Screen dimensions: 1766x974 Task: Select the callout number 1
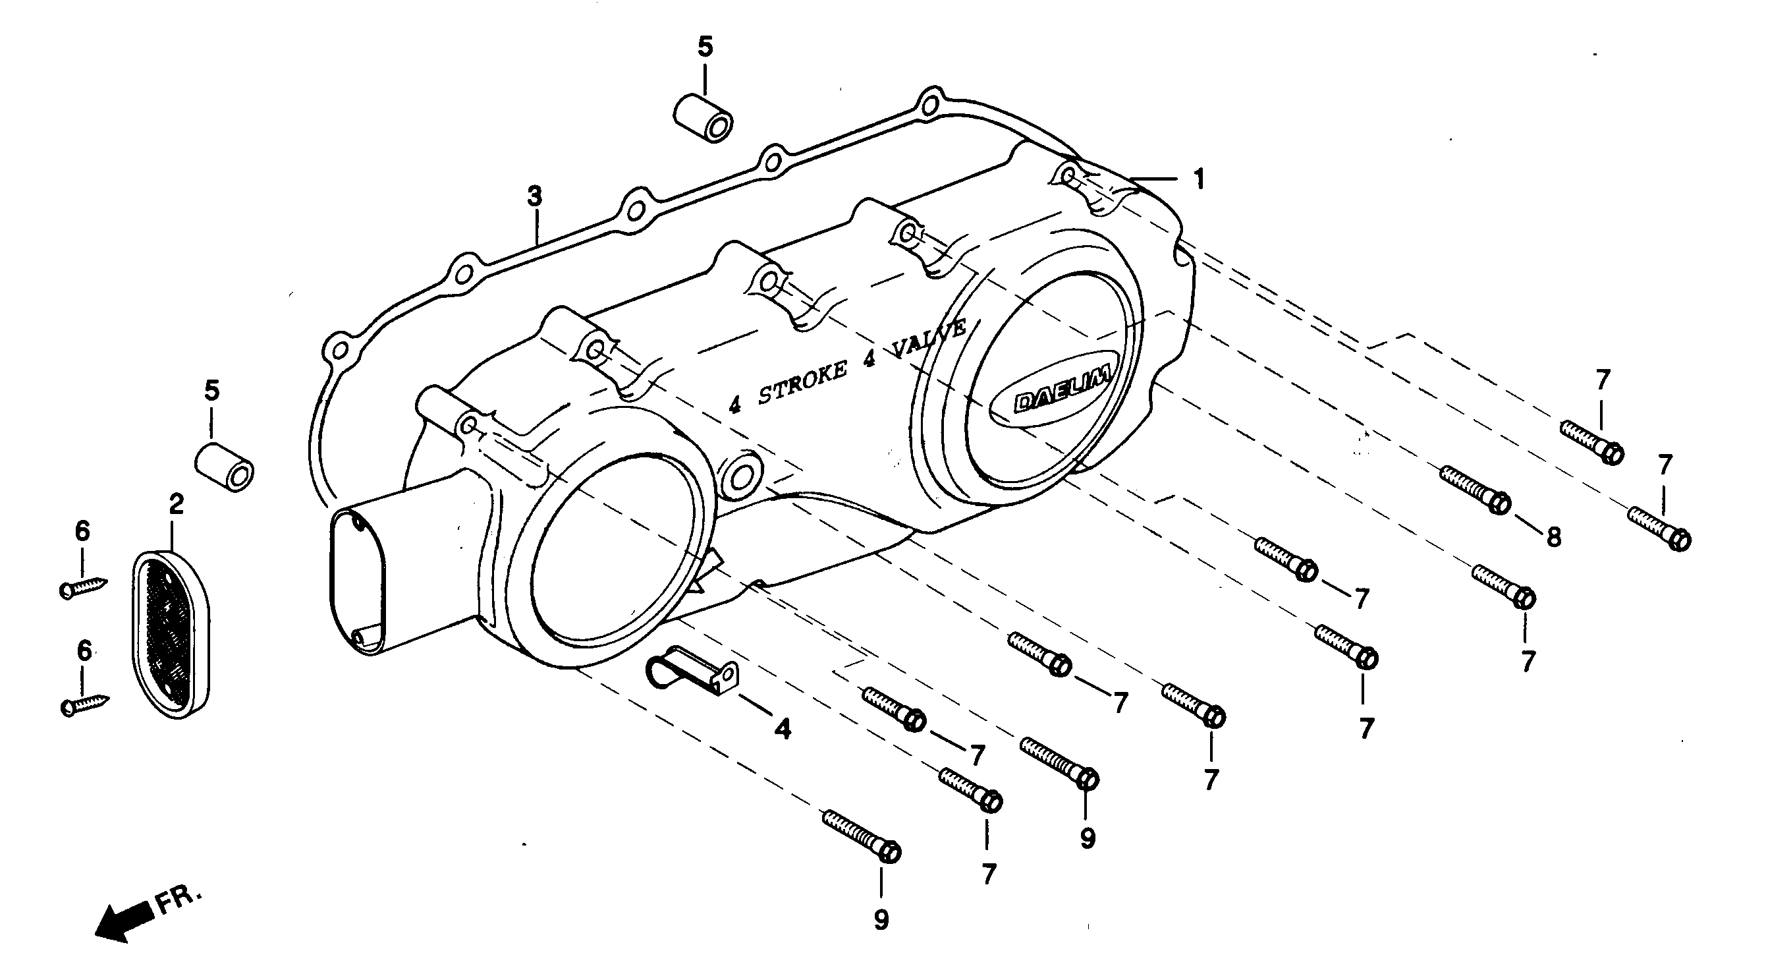pos(1198,180)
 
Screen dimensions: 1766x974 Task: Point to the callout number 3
pos(534,196)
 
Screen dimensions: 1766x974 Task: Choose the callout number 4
pos(783,728)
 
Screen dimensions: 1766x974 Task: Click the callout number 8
pos(1553,537)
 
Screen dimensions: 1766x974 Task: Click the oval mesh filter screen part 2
pos(170,634)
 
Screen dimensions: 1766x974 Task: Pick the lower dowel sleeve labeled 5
pos(224,467)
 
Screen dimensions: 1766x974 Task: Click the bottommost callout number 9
pos(881,920)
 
